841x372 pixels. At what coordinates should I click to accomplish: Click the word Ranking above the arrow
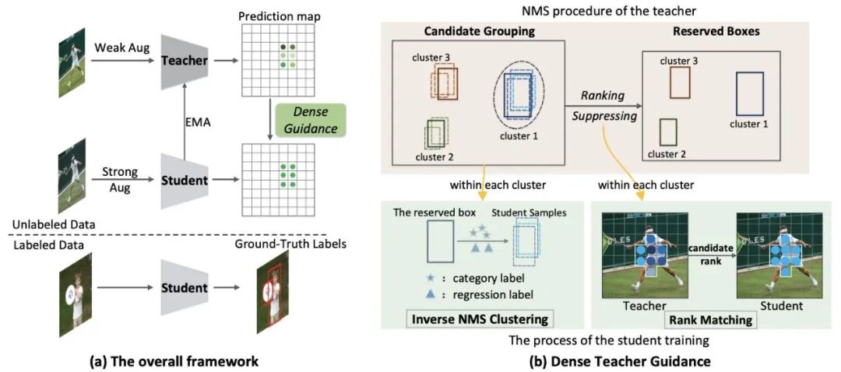click(x=603, y=95)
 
